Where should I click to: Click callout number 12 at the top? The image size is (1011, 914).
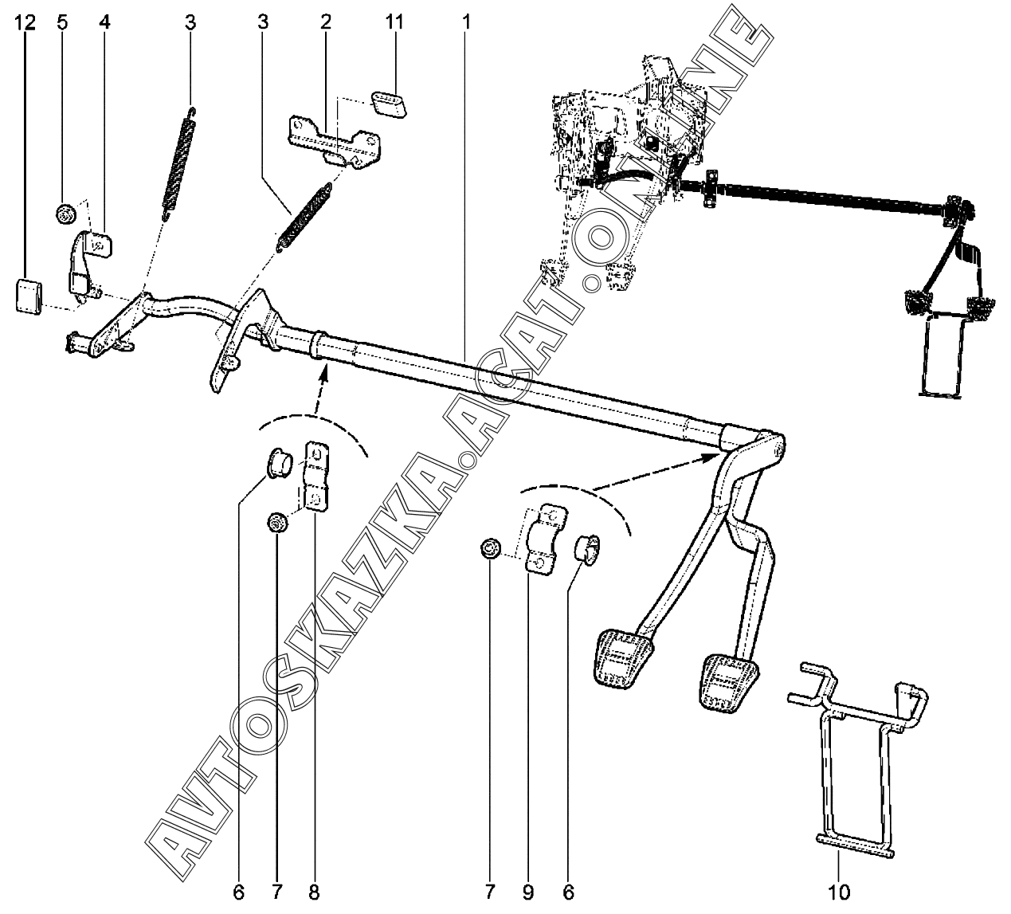pos(25,22)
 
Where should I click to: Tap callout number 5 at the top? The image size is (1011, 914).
pos(62,22)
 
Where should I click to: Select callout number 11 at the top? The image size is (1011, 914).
pos(394,22)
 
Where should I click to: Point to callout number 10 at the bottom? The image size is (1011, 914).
pos(839,892)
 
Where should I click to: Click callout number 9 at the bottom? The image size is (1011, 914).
pos(527,892)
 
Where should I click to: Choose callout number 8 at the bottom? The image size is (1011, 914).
pos(313,892)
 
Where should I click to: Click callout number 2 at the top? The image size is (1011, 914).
pos(326,22)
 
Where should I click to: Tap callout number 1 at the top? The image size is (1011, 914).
pos(466,22)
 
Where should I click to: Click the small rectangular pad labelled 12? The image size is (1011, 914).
pos(29,296)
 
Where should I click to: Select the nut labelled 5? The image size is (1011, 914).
pos(65,214)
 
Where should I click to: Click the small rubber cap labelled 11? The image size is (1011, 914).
pos(389,104)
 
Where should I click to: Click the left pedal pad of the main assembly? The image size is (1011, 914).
pos(625,657)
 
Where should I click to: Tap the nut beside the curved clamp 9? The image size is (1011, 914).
pos(490,548)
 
